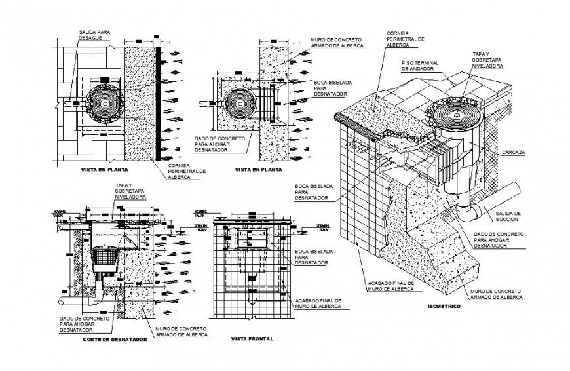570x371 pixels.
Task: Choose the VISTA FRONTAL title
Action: (x=252, y=339)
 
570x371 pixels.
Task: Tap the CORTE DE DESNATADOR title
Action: (x=115, y=340)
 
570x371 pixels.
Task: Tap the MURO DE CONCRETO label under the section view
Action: (x=178, y=332)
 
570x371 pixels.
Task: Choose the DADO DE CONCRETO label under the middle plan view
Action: (x=220, y=144)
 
